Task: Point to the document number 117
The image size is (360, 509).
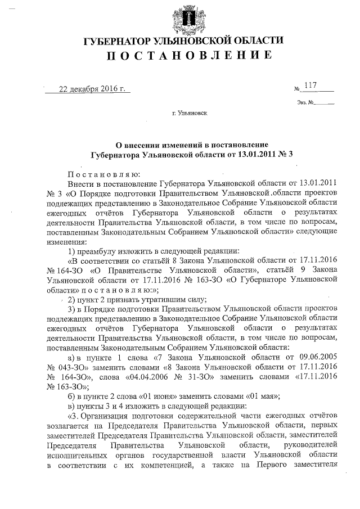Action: (310, 85)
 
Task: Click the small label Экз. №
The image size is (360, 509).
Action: (304, 102)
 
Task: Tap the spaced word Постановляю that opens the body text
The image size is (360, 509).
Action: (99, 174)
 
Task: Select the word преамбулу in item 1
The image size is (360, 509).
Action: (101, 250)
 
